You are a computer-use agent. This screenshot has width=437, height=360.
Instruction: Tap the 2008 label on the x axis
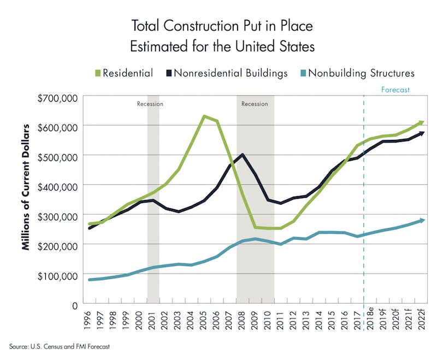coord(242,321)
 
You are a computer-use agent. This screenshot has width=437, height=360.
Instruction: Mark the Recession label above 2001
coord(150,103)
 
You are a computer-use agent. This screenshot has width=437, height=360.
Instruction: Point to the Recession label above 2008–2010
coord(255,103)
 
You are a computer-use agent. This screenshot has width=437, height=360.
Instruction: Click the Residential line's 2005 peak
coord(204,116)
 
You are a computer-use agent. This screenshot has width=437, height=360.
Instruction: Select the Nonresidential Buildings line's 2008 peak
coord(242,155)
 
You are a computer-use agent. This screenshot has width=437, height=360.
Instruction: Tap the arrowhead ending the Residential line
coord(421,122)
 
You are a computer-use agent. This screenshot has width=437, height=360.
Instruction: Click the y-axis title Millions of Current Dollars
coord(25,187)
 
